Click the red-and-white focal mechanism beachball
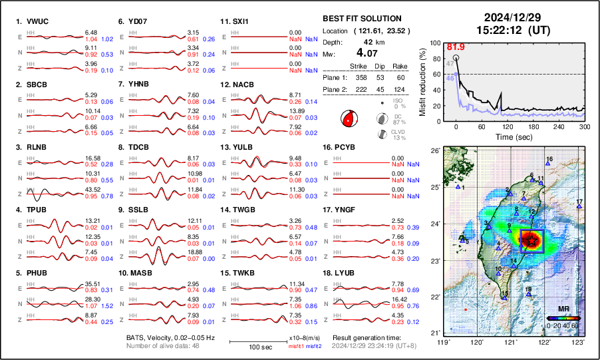pos(347,119)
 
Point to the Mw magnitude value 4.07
pos(369,52)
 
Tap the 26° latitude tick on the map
pos(434,151)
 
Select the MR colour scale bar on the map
pos(564,318)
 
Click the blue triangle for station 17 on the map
pos(579,207)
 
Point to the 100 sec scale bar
pos(257,341)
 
